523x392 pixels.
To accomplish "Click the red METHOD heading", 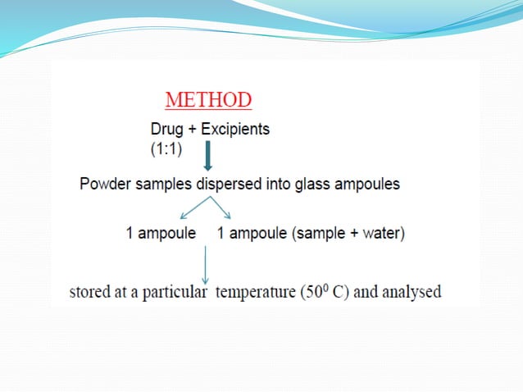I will pyautogui.click(x=208, y=101).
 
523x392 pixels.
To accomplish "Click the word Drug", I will pyautogui.click(x=168, y=130).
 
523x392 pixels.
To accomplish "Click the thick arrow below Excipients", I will pyautogui.click(x=207, y=157).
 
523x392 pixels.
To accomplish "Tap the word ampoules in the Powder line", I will pyautogui.click(x=363, y=184).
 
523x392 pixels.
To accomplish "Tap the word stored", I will pyautogui.click(x=89, y=291).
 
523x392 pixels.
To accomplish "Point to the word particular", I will pyautogui.click(x=175, y=292).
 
